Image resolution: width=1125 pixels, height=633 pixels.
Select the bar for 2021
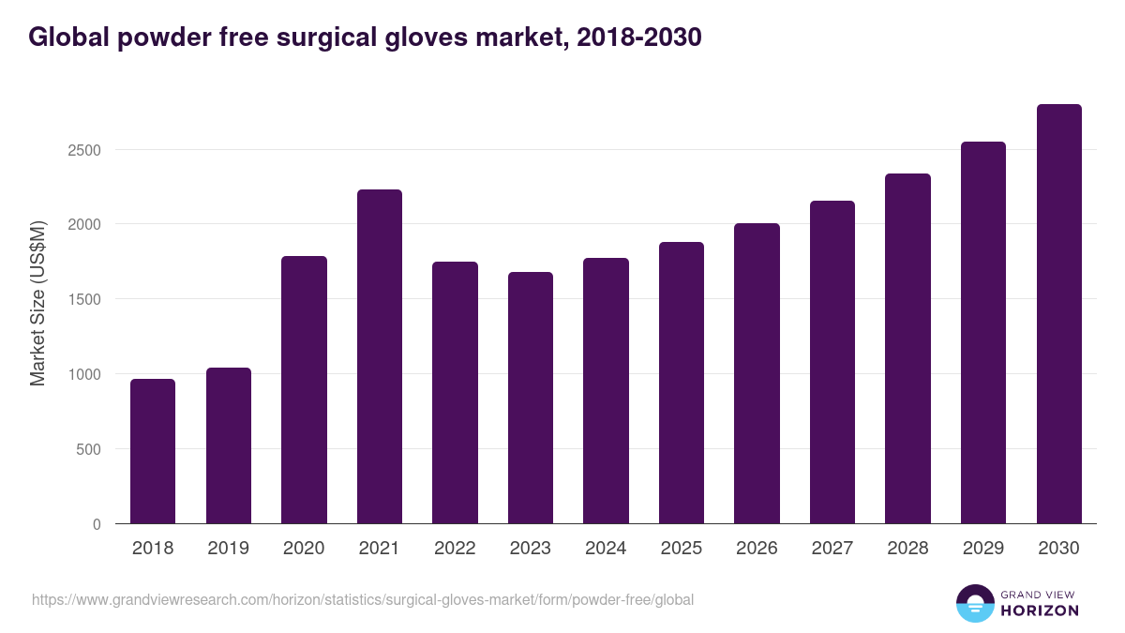(379, 356)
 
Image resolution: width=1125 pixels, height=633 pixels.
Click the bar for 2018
(153, 451)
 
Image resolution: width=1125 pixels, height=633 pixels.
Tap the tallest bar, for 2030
(1058, 314)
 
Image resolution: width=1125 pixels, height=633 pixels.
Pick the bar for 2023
(531, 398)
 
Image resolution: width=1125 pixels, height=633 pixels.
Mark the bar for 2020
(304, 389)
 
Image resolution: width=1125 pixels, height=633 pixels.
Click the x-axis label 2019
(228, 549)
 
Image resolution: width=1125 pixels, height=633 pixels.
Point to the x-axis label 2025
(681, 549)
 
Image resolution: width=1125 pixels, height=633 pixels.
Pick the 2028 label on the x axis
(907, 549)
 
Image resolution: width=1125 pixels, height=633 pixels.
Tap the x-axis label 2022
(455, 549)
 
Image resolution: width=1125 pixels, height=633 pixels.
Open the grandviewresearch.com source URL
(363, 600)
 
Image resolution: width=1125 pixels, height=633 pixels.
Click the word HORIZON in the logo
(1039, 610)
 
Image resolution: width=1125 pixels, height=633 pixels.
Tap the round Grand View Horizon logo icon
(974, 603)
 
